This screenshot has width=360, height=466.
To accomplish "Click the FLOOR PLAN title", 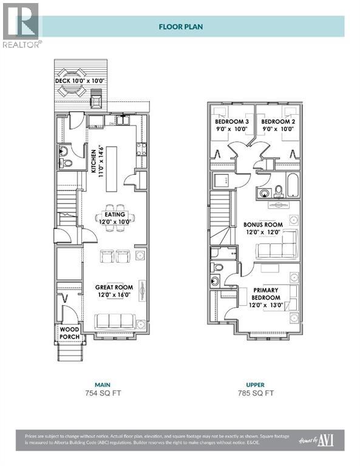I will point(181,27).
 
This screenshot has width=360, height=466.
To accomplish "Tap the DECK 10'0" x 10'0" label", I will point(80,80).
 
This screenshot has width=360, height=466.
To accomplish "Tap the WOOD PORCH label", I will point(69,333).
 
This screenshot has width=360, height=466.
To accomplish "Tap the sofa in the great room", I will point(115,321).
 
